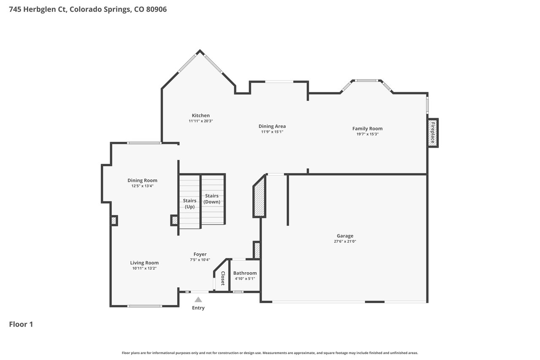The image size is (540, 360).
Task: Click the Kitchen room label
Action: [200, 116]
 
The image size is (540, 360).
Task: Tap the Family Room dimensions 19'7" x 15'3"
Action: [367, 134]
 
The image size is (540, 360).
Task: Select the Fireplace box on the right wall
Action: [433, 133]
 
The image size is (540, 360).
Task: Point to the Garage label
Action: [345, 236]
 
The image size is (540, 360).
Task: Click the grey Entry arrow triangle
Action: [198, 300]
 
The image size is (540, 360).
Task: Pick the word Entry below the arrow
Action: [198, 308]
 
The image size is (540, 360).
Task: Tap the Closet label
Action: [223, 278]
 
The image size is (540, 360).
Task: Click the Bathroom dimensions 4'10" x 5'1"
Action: [245, 279]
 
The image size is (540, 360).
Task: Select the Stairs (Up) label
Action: [189, 203]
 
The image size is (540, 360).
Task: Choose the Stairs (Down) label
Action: [212, 199]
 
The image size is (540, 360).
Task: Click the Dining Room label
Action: [142, 180]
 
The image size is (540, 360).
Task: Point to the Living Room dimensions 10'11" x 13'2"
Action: [144, 268]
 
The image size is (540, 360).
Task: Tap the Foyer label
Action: [200, 254]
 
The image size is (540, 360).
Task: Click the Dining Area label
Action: [272, 126]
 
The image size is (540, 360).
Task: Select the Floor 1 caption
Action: [21, 324]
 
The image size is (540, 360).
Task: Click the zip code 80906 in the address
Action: [157, 9]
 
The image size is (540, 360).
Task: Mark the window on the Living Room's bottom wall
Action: [145, 306]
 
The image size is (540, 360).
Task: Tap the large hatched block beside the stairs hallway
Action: [259, 196]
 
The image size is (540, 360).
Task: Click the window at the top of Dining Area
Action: [279, 82]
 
